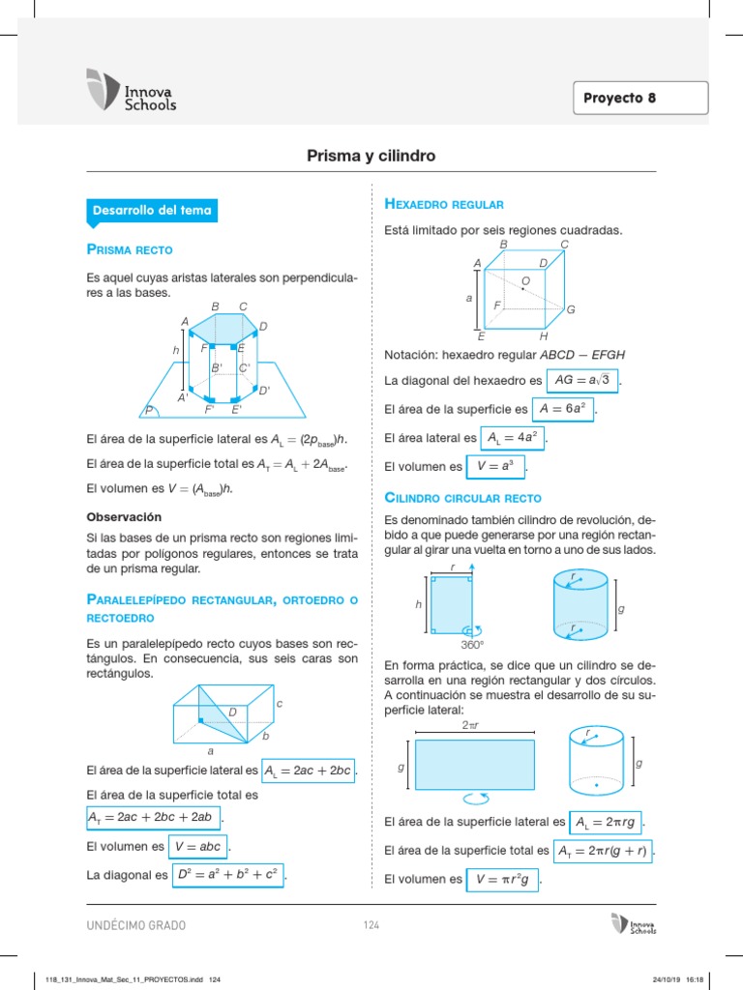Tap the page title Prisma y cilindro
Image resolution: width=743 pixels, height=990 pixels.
(371, 155)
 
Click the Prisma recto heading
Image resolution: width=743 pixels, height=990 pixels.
(130, 250)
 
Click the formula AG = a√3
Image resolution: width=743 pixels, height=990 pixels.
(582, 380)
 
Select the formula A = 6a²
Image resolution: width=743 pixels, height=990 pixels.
(563, 409)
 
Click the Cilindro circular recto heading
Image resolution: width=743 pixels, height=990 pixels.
(462, 498)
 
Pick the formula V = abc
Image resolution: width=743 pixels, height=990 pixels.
(197, 846)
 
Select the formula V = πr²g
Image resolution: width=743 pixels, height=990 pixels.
(503, 880)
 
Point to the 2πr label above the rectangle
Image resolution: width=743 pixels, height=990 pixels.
(472, 725)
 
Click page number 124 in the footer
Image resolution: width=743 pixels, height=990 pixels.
(371, 925)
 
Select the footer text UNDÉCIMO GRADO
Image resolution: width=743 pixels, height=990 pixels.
(136, 925)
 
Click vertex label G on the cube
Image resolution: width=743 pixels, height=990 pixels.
(571, 309)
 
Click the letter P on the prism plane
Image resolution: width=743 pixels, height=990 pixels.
(150, 411)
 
